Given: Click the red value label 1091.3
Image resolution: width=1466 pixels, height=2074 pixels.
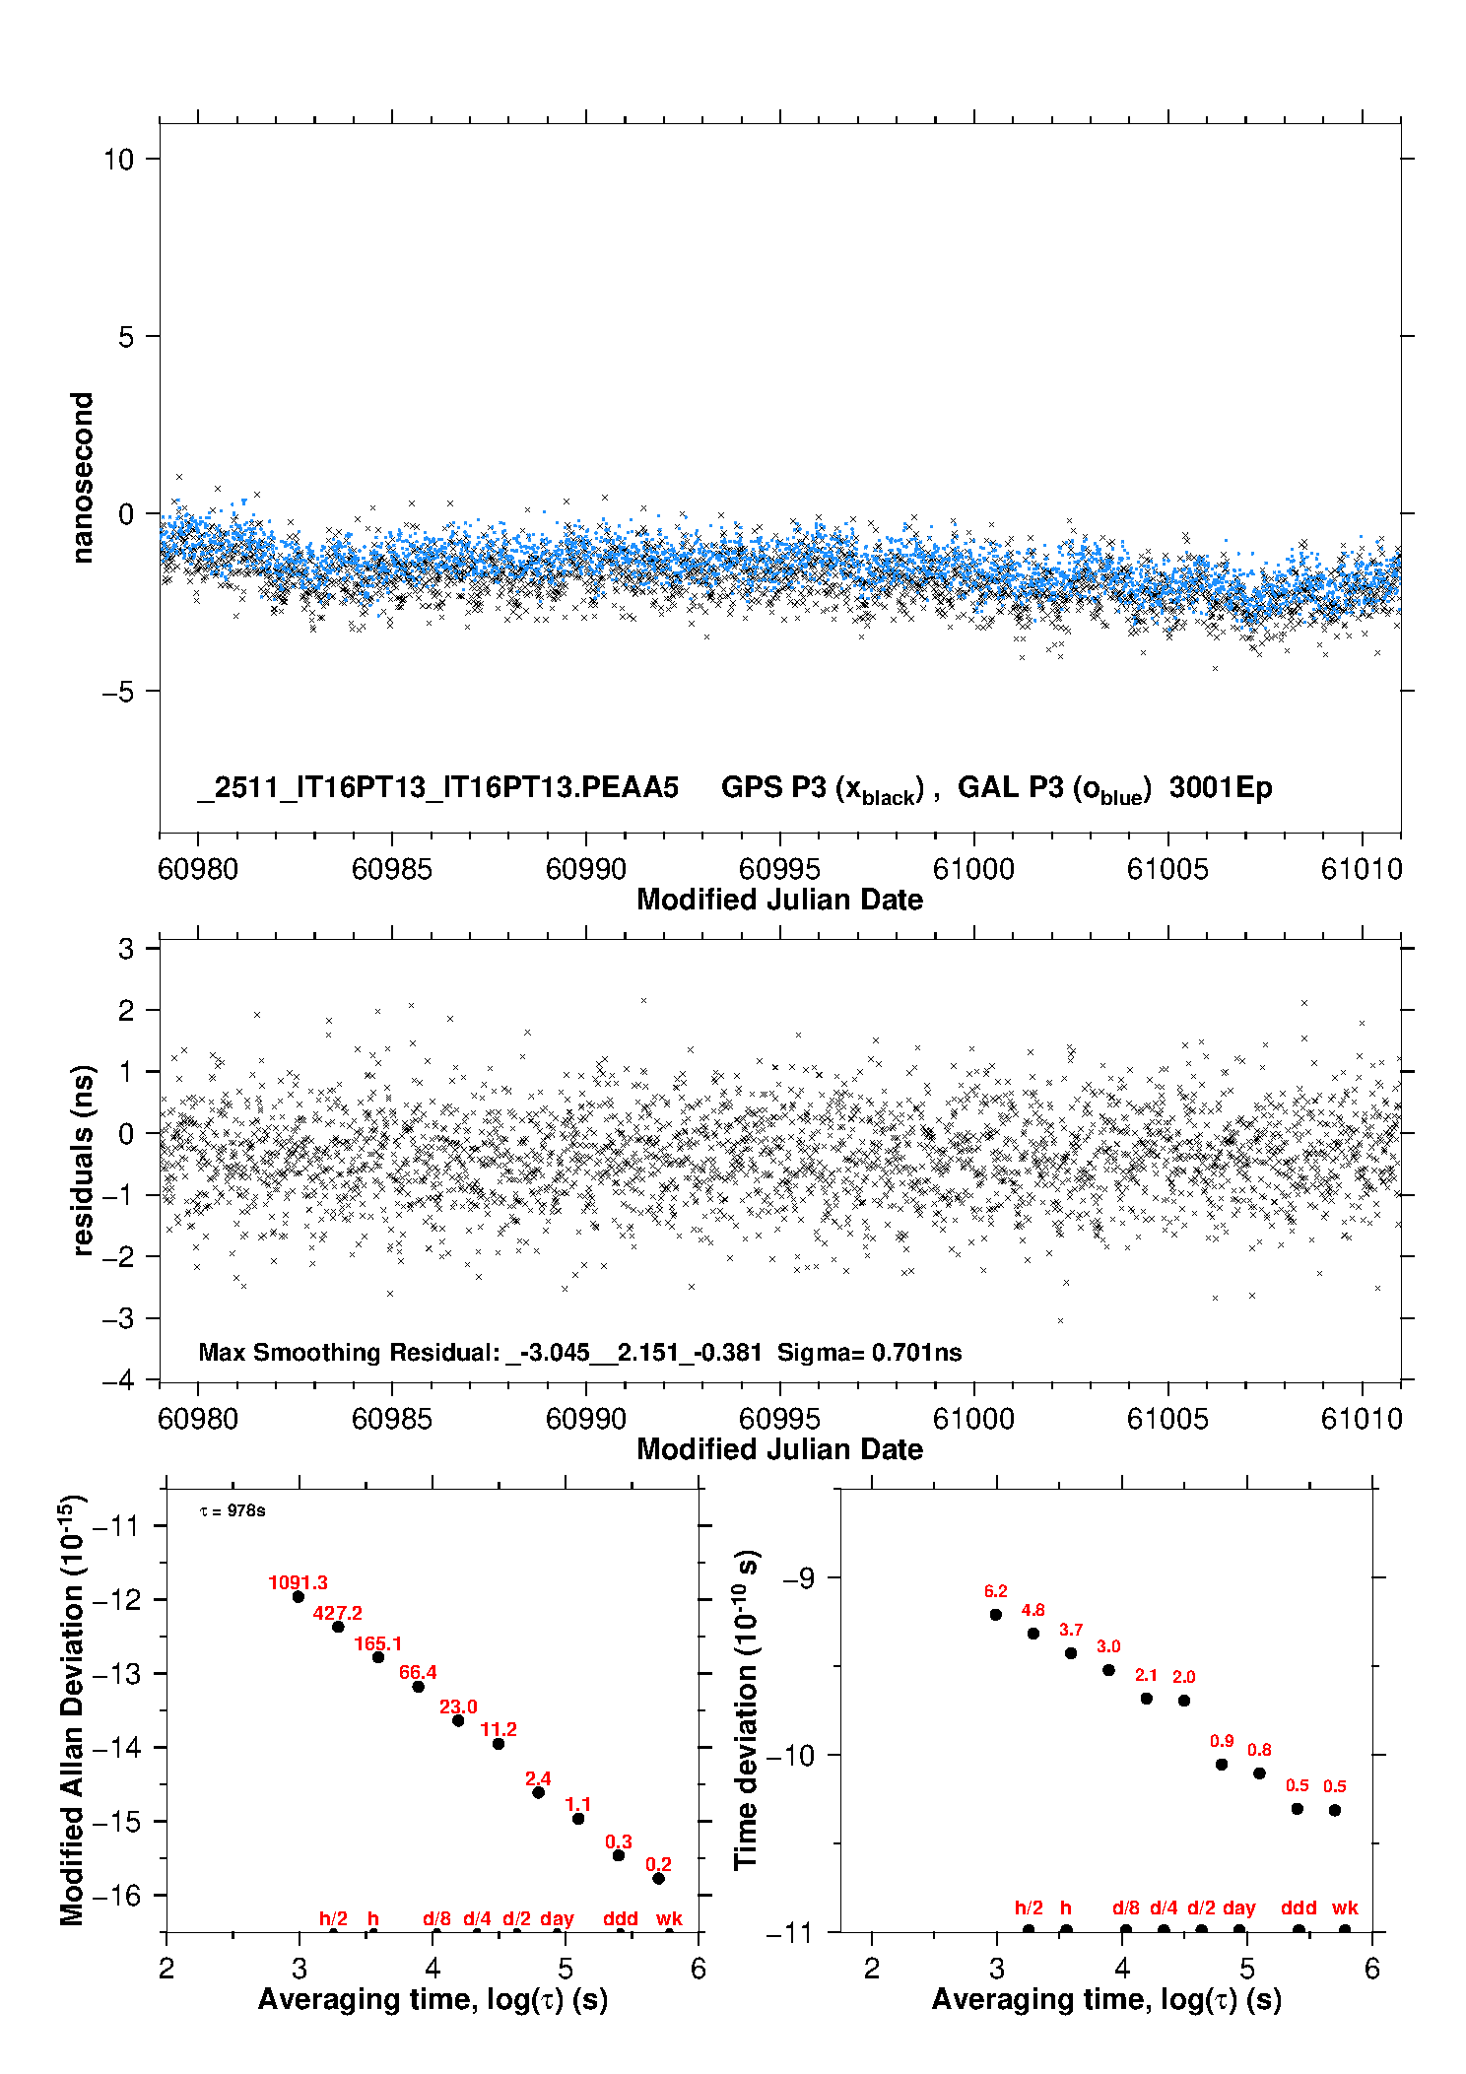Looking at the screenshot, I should (x=298, y=1582).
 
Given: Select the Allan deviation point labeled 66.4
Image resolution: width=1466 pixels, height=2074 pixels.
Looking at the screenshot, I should (x=418, y=1687).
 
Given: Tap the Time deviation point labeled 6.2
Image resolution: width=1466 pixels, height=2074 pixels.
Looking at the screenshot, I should (x=995, y=1615).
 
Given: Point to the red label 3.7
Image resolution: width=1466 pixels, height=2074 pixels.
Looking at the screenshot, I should (x=1071, y=1631).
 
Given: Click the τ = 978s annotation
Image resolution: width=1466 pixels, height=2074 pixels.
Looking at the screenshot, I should (x=233, y=1511).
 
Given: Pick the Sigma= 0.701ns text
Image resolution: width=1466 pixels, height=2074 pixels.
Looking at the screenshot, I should (x=869, y=1352).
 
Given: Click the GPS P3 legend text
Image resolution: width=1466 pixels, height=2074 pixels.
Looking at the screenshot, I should (x=823, y=788).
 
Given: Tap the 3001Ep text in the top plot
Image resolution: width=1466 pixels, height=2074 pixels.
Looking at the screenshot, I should (x=1221, y=787).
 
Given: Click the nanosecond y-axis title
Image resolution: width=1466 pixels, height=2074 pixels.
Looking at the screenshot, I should (x=82, y=477).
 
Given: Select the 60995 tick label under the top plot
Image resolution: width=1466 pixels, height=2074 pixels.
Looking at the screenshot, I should (x=779, y=869).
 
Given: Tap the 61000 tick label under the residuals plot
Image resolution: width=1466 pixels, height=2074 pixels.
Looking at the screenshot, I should (x=973, y=1419).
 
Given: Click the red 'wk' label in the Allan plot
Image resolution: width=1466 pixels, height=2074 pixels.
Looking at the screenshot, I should (x=669, y=1918).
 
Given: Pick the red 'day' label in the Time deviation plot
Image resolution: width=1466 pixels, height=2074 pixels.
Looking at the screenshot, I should (x=1238, y=1908).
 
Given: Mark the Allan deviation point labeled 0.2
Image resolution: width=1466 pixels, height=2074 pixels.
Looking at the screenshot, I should (x=658, y=1878).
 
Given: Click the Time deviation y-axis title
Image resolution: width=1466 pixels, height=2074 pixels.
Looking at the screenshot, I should (x=746, y=1710).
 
